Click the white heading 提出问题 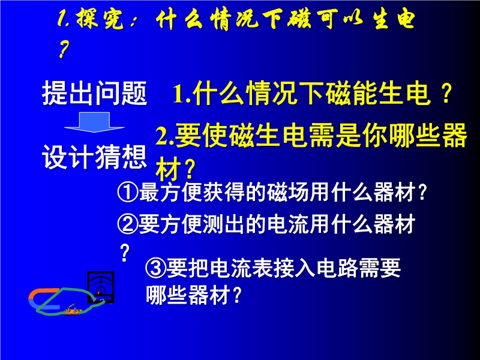coord(95,93)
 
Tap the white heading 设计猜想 coord(95,157)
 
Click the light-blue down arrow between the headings coord(94,122)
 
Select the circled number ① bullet coord(128,193)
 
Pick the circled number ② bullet coord(128,224)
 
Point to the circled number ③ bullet coord(155,268)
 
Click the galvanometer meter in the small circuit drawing coord(101,287)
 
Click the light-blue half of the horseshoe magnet coord(43,305)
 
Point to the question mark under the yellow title coord(64,50)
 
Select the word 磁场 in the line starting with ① coord(287,193)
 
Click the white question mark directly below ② coord(124,253)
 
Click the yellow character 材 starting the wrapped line coord(168,169)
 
